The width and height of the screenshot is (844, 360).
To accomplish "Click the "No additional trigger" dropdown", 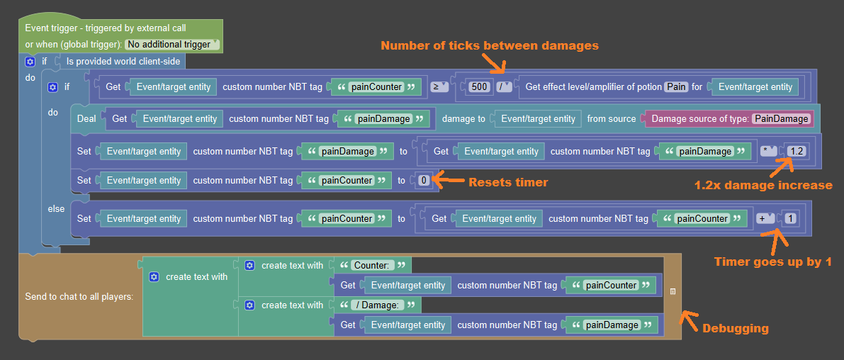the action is (172, 45).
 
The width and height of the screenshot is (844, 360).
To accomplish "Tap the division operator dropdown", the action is (505, 86).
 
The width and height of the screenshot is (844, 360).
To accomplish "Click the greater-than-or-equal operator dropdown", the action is (440, 86).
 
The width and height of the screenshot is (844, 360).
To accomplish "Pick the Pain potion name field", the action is (677, 86).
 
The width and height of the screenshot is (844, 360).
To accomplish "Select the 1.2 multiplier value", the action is (796, 151).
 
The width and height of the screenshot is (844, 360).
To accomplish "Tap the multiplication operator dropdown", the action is (767, 151).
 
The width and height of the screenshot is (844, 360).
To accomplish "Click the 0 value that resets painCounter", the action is (424, 181).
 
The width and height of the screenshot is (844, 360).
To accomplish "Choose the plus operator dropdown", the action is (765, 218).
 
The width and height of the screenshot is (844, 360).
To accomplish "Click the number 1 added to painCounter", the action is (789, 218).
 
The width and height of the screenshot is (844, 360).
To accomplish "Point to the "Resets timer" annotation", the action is (508, 182).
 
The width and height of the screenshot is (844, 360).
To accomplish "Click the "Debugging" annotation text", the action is (736, 328).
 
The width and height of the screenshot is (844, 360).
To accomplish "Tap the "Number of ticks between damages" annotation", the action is (490, 46).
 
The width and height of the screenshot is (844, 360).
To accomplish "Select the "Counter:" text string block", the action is (373, 265).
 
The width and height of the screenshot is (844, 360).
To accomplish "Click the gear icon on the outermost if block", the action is (30, 62).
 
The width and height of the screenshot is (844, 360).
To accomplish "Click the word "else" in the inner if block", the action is (57, 209).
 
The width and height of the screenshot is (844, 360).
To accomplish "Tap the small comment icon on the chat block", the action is (673, 292).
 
